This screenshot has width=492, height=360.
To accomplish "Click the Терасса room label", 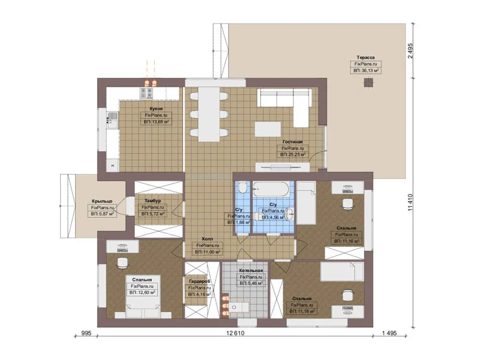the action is click(366, 57).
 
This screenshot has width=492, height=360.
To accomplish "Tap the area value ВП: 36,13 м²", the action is click(366, 70).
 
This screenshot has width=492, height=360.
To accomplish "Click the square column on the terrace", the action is click(369, 82).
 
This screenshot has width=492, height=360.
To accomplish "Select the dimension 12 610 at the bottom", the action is click(235, 333).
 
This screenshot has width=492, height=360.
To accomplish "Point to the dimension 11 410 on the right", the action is click(411, 203).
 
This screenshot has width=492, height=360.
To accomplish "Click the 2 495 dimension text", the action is click(411, 50).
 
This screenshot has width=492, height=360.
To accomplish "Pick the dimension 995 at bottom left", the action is click(86, 333).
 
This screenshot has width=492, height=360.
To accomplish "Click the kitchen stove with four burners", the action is click(147, 93).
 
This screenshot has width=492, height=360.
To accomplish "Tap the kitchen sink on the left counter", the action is click(112, 121).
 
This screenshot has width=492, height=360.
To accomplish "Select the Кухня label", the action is click(156, 109).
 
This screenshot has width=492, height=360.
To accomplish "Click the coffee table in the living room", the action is click(268, 129).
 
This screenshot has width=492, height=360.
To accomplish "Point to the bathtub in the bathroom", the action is click(271, 189).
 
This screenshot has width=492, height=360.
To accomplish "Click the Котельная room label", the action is click(251, 270).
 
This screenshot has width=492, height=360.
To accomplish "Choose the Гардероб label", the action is click(200, 281).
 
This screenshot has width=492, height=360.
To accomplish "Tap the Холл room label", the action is click(207, 239).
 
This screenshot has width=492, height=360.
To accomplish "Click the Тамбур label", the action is click(153, 200).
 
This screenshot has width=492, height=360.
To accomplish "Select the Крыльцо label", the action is click(102, 201).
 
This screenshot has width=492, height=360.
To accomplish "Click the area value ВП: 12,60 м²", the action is click(142, 293).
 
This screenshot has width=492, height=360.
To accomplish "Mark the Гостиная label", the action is click(292, 141).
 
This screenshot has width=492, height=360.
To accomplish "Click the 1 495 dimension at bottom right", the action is click(389, 333).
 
